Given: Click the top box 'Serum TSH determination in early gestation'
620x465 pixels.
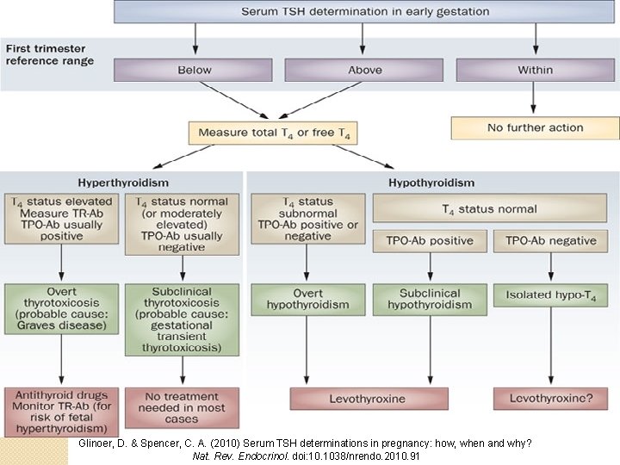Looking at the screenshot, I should pos(364,12).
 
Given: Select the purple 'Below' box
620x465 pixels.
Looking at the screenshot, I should pos(195,70).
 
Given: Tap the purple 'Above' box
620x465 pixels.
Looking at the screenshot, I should pos(364,70).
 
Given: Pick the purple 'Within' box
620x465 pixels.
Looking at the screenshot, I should pos(536,70).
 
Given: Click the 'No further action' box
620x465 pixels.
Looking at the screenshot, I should pos(535,127).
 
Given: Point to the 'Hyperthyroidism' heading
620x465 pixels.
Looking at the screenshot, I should pos(124,183).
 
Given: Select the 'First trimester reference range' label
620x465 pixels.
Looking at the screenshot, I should pos(50,55).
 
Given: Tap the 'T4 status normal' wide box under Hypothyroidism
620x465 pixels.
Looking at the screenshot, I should pos(488,209).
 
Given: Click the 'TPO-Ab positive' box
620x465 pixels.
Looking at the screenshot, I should pos(429,241).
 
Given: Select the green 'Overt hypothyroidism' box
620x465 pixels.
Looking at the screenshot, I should pos(307,299).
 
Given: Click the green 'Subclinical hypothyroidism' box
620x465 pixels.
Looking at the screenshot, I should pos(429,299).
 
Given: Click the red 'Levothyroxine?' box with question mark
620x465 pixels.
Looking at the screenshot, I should pos(551,399).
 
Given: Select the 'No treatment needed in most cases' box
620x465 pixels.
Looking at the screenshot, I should pos(183,407).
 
